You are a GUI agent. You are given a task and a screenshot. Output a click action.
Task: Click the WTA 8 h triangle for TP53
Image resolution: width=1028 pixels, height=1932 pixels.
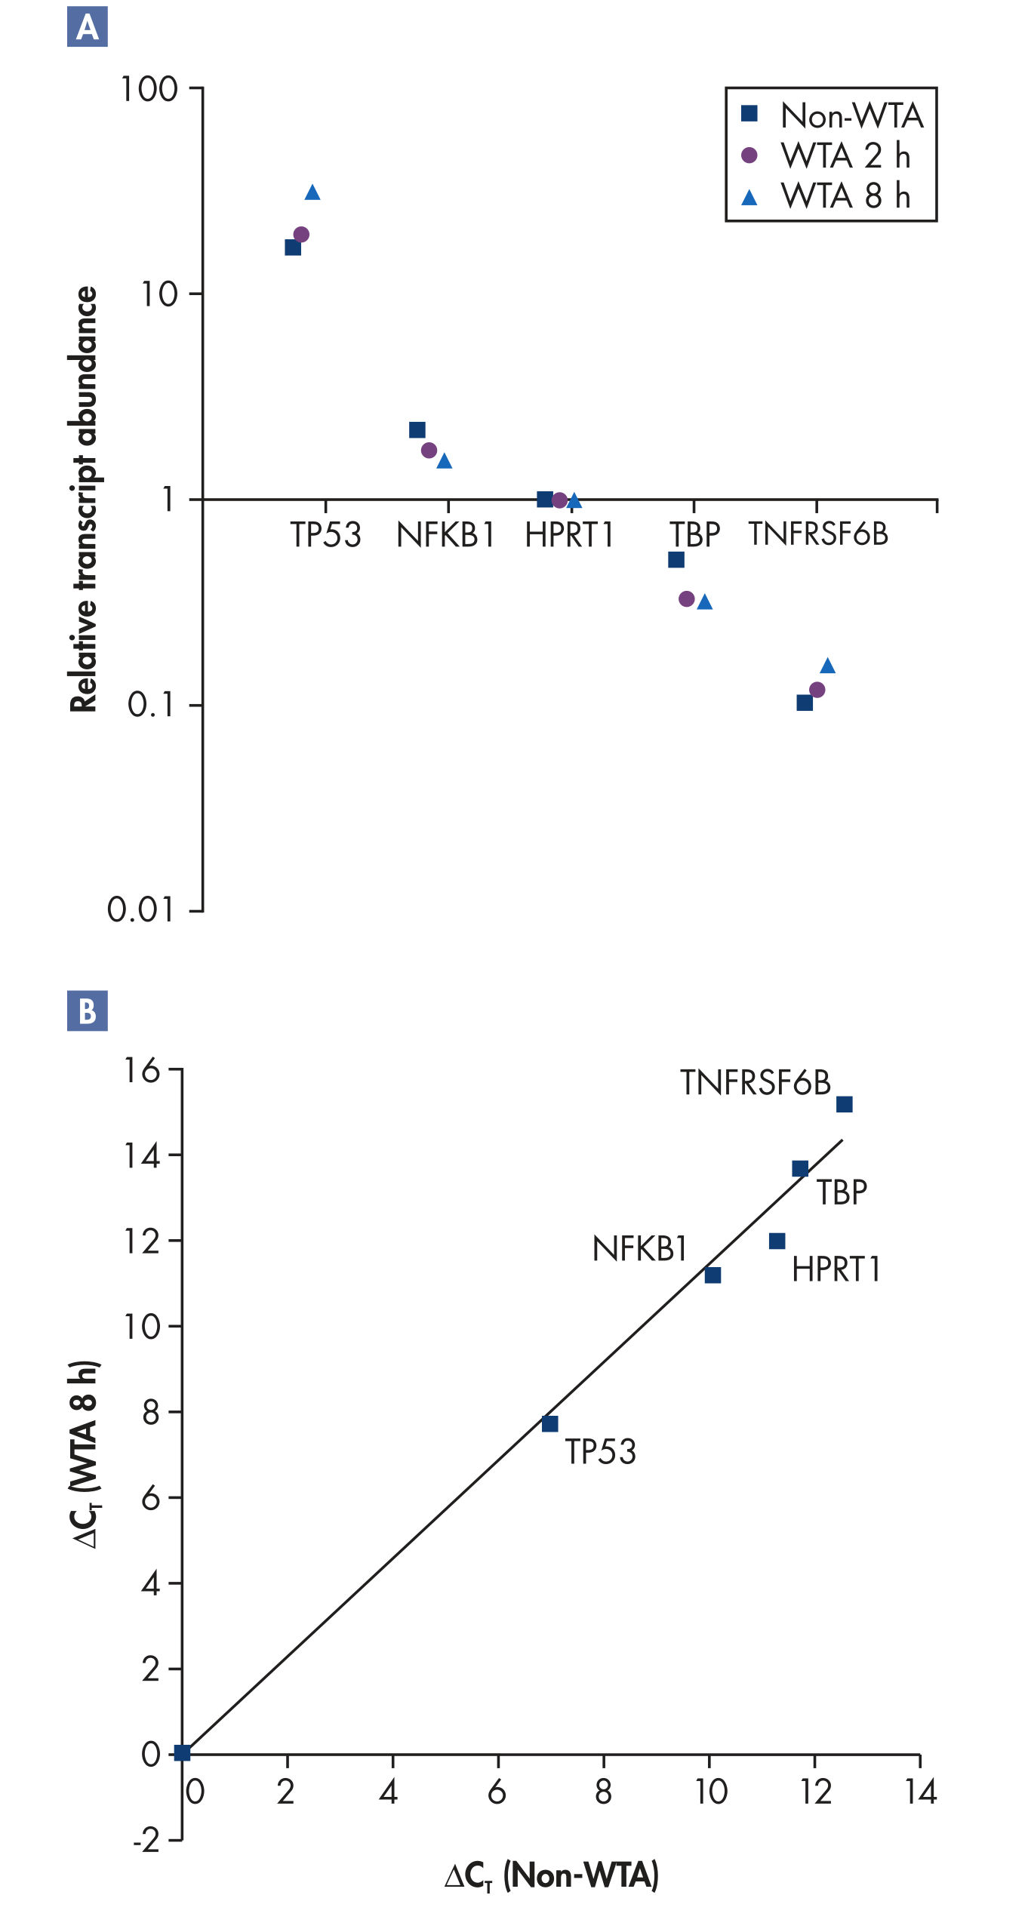(x=312, y=193)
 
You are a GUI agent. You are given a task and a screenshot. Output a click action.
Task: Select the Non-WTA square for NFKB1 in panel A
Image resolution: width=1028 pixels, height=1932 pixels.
(x=417, y=430)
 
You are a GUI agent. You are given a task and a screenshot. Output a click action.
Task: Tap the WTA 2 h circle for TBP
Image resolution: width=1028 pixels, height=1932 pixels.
(x=686, y=598)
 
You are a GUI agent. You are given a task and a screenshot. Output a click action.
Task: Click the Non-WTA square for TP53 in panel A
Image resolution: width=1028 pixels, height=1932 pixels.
(x=293, y=248)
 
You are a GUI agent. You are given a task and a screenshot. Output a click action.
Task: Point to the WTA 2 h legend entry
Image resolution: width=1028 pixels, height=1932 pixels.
(x=828, y=155)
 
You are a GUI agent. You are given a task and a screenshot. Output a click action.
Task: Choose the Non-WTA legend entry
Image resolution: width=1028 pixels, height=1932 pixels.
(x=833, y=115)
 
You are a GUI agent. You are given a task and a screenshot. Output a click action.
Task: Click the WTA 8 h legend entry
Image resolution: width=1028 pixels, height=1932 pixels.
(x=828, y=196)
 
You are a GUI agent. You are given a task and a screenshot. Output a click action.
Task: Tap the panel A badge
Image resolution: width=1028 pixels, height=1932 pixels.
(x=88, y=27)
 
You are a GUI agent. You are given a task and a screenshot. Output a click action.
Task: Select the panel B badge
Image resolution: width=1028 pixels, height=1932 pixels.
(x=88, y=1011)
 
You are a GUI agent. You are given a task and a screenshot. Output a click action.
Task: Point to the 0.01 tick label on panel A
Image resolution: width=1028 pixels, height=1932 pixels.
(x=140, y=909)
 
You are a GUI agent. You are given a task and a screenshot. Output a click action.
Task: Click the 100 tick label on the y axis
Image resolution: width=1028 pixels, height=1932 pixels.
(x=149, y=89)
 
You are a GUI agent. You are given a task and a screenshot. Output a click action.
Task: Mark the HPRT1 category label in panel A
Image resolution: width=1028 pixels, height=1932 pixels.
(x=570, y=534)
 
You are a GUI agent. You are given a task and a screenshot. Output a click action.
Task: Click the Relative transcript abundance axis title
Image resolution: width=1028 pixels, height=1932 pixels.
(x=85, y=499)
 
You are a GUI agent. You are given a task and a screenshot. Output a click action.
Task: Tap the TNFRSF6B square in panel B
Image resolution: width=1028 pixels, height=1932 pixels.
(x=845, y=1105)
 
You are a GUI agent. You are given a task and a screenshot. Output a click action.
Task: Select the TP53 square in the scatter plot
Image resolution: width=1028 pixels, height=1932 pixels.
(x=549, y=1424)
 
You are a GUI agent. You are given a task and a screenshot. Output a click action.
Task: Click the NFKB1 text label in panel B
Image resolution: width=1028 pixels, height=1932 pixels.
(x=639, y=1249)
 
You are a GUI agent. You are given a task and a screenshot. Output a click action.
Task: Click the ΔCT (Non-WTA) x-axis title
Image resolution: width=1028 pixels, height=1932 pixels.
(x=552, y=1875)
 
